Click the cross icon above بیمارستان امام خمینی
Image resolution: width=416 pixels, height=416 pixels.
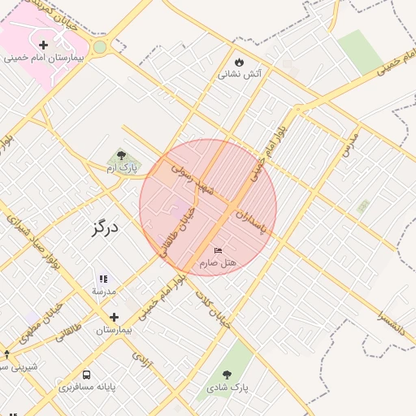coord(43,44)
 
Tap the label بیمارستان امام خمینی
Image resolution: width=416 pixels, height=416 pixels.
coord(44,58)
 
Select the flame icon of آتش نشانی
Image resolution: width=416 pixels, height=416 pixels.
coord(239,61)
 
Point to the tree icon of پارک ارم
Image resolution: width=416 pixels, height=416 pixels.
coord(122,154)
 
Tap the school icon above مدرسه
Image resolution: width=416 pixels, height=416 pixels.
coord(103,279)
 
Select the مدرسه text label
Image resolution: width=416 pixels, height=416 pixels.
coord(103,291)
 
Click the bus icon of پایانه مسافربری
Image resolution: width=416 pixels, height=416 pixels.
coord(86,375)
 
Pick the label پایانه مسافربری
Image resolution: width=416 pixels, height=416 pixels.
coord(87,388)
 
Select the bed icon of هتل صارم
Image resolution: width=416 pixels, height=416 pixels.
coord(217,249)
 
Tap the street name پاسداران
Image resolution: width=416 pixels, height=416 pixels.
coord(250,219)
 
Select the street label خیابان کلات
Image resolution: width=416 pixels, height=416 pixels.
coord(213,308)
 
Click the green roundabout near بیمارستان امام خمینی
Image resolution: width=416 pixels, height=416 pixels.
coord(100,47)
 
